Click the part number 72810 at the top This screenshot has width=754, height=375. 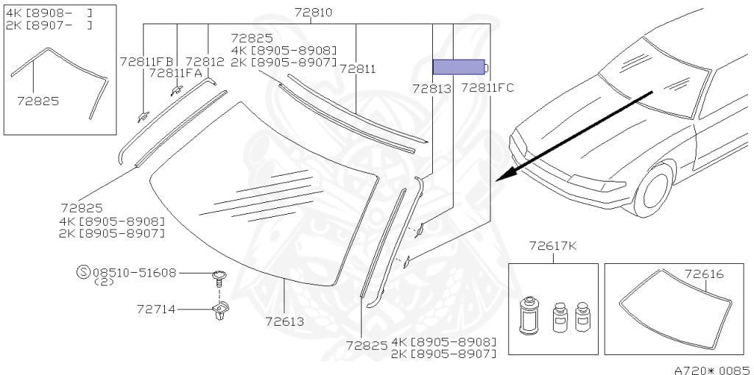314,12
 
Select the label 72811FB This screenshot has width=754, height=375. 147,61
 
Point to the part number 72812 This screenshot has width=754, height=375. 205,61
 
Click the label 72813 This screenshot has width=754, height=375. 431,88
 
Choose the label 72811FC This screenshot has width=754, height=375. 487,88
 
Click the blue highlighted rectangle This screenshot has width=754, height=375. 458,67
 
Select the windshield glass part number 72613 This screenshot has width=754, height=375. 285,321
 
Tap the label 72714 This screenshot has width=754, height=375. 156,310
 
